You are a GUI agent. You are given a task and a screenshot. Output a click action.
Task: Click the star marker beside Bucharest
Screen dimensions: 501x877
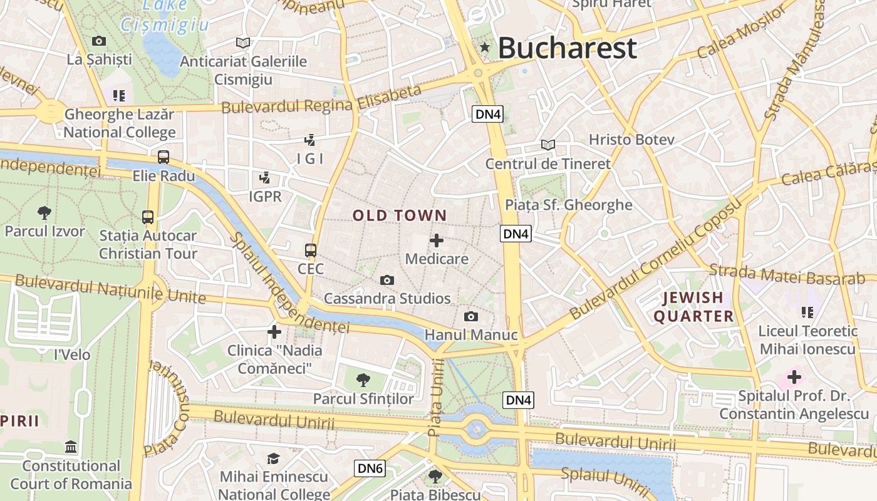tap(484, 47)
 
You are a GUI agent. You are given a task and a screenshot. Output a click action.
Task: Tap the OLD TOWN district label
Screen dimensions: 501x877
tap(400, 216)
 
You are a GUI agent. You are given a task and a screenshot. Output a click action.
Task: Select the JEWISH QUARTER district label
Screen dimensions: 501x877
tap(693, 307)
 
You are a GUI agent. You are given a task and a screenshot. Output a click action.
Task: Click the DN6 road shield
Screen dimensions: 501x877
tap(370, 468)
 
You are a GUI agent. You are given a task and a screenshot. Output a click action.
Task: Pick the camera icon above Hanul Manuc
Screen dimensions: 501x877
tap(470, 317)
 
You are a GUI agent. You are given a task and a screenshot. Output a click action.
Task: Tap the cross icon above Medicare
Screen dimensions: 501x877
tap(437, 240)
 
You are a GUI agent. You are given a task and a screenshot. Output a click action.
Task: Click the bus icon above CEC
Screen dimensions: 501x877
tap(311, 250)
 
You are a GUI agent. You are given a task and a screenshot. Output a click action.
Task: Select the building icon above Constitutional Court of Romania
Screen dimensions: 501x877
tap(71, 447)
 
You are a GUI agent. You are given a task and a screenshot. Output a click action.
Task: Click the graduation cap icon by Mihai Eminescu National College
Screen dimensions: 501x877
tap(273, 459)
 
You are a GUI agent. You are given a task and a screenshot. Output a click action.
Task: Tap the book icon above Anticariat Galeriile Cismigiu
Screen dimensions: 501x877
tap(243, 43)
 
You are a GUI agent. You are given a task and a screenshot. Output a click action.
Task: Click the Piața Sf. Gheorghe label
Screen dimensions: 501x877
tap(569, 205)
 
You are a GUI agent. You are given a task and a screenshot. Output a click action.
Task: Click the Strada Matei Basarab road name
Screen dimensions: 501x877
tap(787, 276)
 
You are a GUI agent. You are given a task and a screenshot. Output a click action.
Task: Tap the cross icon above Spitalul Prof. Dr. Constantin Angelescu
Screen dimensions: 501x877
tap(794, 377)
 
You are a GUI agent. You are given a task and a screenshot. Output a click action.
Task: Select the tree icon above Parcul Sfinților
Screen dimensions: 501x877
tap(363, 380)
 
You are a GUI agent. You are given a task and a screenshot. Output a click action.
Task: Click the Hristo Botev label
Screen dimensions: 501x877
tap(631, 139)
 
